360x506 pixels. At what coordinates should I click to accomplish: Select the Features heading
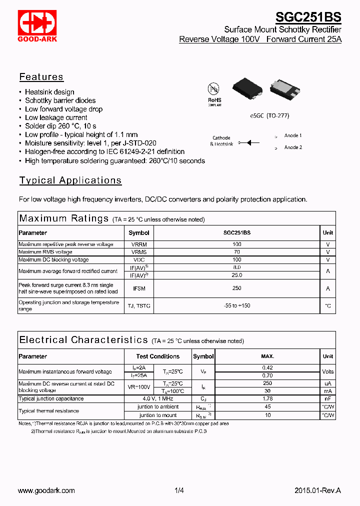point(41,77)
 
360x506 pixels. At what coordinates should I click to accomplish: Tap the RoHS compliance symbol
point(214,92)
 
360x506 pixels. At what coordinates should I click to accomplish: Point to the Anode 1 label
point(293,135)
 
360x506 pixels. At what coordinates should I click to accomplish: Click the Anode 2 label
point(293,147)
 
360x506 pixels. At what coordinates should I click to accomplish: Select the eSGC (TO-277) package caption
point(269,115)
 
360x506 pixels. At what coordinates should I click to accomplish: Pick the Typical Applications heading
point(70,180)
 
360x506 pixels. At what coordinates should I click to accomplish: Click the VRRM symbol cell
point(138,244)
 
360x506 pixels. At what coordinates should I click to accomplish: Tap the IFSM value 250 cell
point(237,288)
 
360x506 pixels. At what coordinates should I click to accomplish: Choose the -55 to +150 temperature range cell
point(237,305)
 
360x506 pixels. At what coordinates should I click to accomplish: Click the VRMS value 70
point(237,252)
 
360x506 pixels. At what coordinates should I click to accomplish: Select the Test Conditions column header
point(158,356)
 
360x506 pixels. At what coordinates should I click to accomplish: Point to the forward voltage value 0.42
point(267,368)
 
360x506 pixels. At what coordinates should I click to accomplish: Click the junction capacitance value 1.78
point(267,399)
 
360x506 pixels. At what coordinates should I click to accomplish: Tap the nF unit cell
point(328,399)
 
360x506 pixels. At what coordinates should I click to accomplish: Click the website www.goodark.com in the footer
point(46,490)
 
